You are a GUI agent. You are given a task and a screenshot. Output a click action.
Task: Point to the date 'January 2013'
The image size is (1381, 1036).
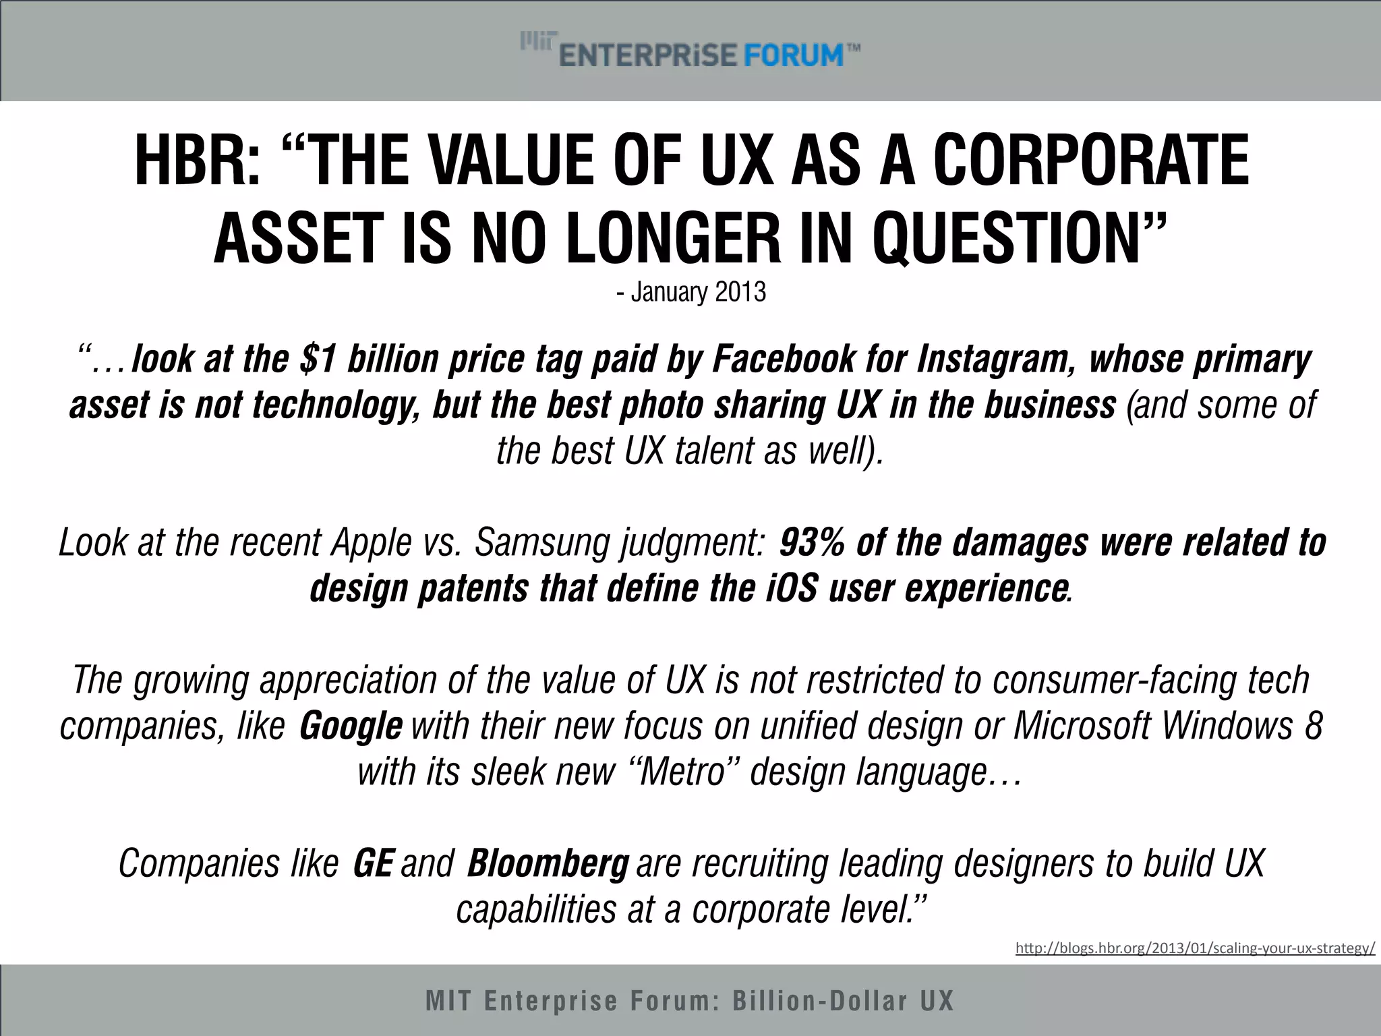698,293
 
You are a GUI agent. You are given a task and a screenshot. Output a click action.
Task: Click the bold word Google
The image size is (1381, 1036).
351,726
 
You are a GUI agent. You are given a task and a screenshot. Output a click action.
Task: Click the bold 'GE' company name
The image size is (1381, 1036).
373,864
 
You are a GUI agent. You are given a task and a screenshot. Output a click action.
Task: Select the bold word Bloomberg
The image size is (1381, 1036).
548,864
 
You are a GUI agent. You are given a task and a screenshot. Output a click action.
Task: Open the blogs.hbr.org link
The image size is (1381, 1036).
1195,948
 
